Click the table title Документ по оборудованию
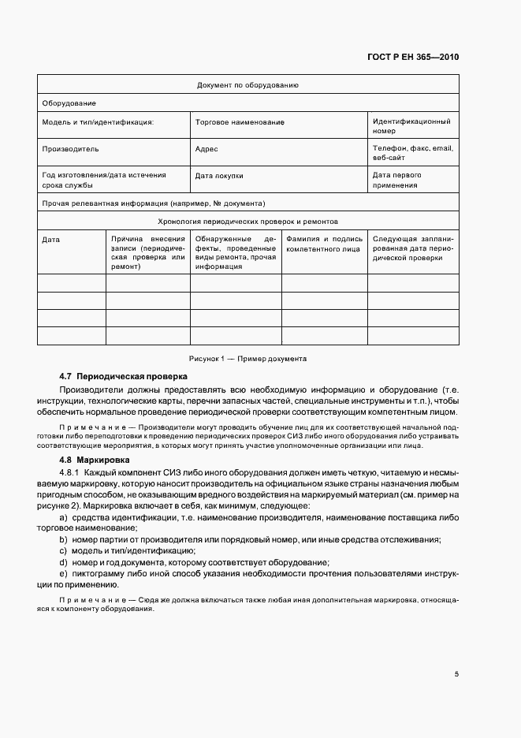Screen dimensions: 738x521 point(247,84)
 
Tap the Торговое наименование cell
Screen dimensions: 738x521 point(239,122)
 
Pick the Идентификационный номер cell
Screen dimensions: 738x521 point(411,126)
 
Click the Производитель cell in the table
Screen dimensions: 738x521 point(70,148)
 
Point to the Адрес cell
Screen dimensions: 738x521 point(206,148)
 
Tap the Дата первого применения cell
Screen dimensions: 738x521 point(397,180)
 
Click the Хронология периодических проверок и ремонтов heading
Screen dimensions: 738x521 point(247,222)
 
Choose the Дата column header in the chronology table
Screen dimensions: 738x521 point(50,239)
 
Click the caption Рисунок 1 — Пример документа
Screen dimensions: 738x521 point(247,358)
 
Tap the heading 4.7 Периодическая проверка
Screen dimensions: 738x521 point(123,376)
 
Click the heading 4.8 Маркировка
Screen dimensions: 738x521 point(96,460)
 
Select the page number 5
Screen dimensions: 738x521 point(456,674)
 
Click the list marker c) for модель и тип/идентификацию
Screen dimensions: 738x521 point(62,550)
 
